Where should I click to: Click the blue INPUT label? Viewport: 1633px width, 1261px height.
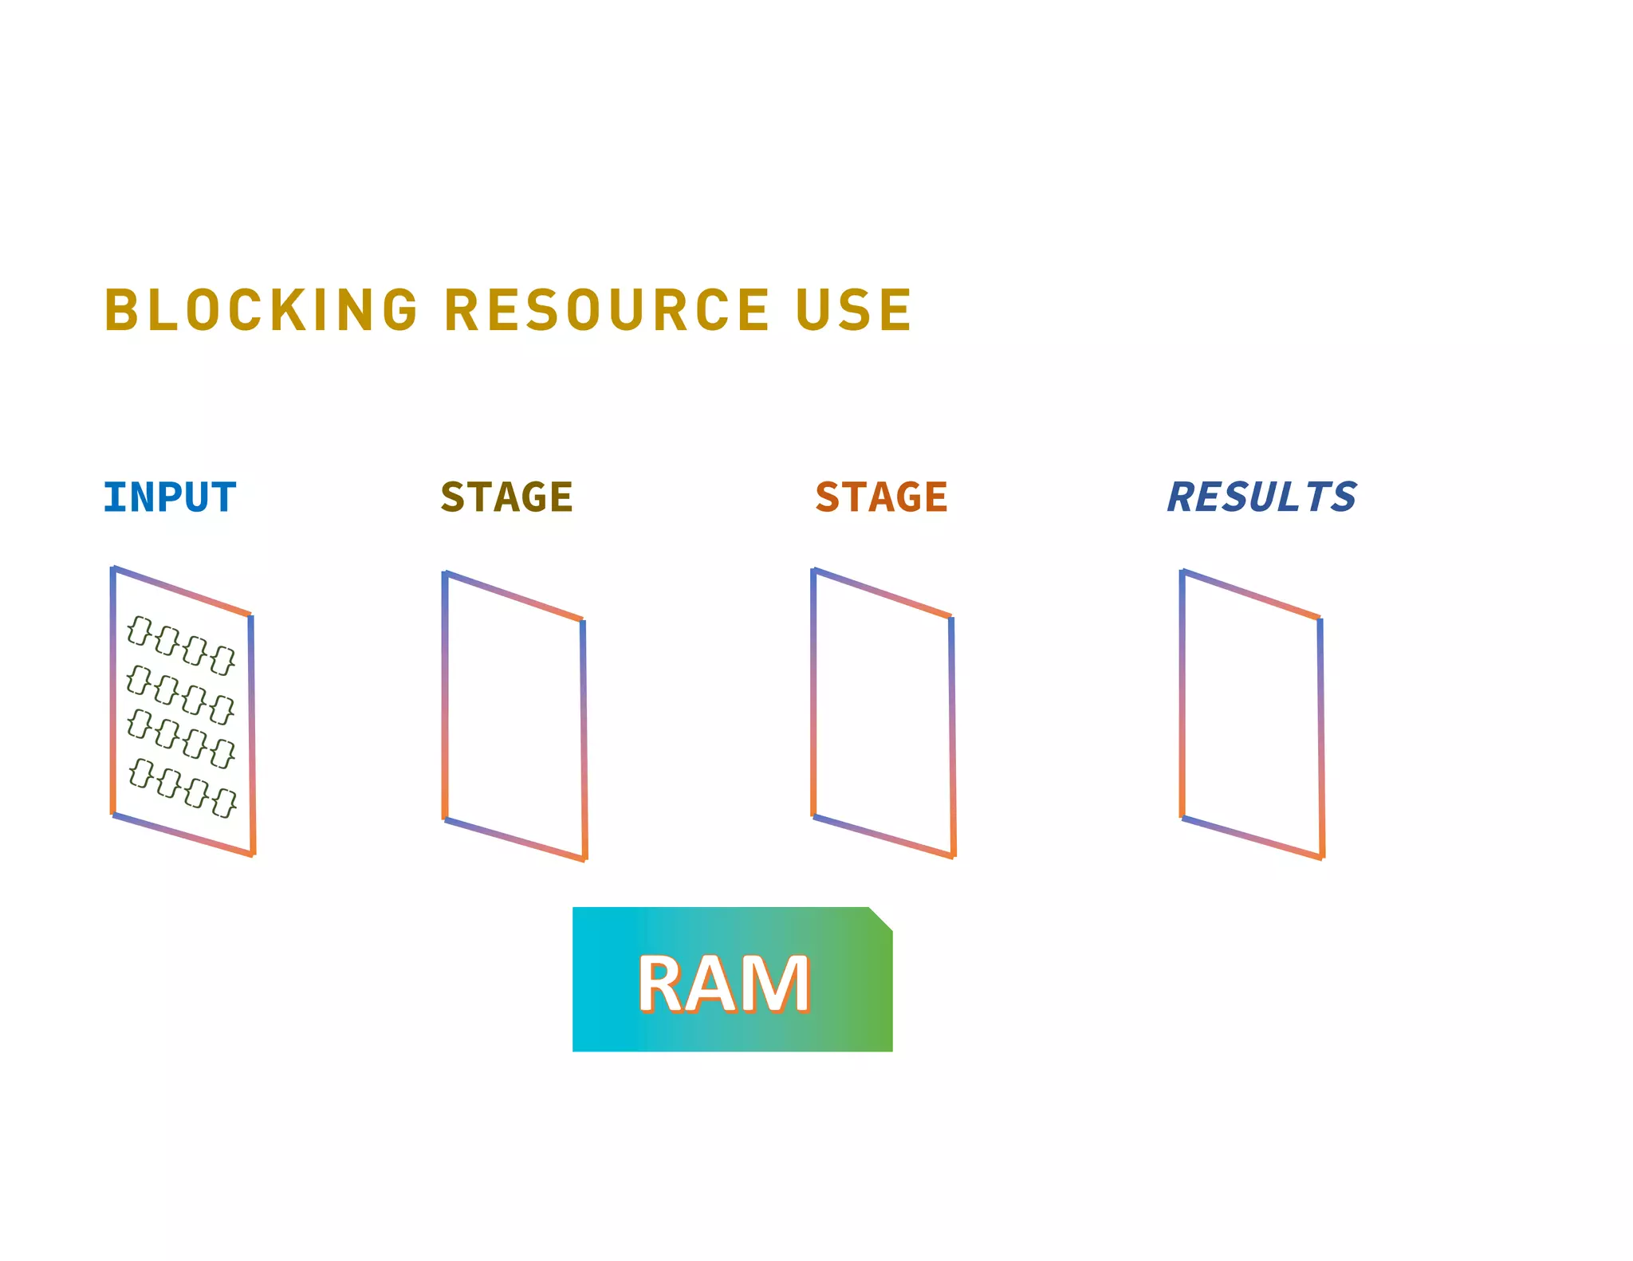(170, 497)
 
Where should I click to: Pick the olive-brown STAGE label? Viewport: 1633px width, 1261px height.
(506, 497)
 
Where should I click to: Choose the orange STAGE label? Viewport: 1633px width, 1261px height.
(881, 497)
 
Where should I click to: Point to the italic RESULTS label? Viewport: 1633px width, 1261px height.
(1261, 497)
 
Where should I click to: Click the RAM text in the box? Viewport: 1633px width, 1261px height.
(723, 984)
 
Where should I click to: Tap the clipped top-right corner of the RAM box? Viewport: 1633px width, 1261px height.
(880, 918)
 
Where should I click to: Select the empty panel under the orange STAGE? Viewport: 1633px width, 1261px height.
(883, 713)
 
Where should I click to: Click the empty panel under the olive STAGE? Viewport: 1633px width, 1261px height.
(514, 716)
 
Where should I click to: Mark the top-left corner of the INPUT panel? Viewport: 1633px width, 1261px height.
(113, 569)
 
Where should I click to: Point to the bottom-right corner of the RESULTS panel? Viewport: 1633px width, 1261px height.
(1322, 857)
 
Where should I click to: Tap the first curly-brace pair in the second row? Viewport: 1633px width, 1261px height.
(139, 680)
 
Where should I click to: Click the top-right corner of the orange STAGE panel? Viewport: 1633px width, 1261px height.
(951, 617)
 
